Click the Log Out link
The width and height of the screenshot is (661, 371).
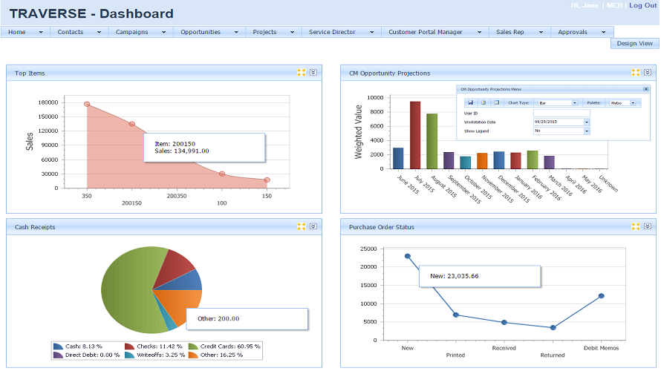642,5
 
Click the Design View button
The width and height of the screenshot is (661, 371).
634,44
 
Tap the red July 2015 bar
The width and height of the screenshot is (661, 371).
415,135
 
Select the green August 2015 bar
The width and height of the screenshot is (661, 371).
432,141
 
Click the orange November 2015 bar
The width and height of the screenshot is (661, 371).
482,161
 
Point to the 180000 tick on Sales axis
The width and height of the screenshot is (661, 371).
48,102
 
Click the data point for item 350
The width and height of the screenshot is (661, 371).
87,104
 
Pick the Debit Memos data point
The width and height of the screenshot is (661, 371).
602,295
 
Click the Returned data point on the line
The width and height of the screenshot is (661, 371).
553,327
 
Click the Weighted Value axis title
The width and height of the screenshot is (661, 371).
358,131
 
